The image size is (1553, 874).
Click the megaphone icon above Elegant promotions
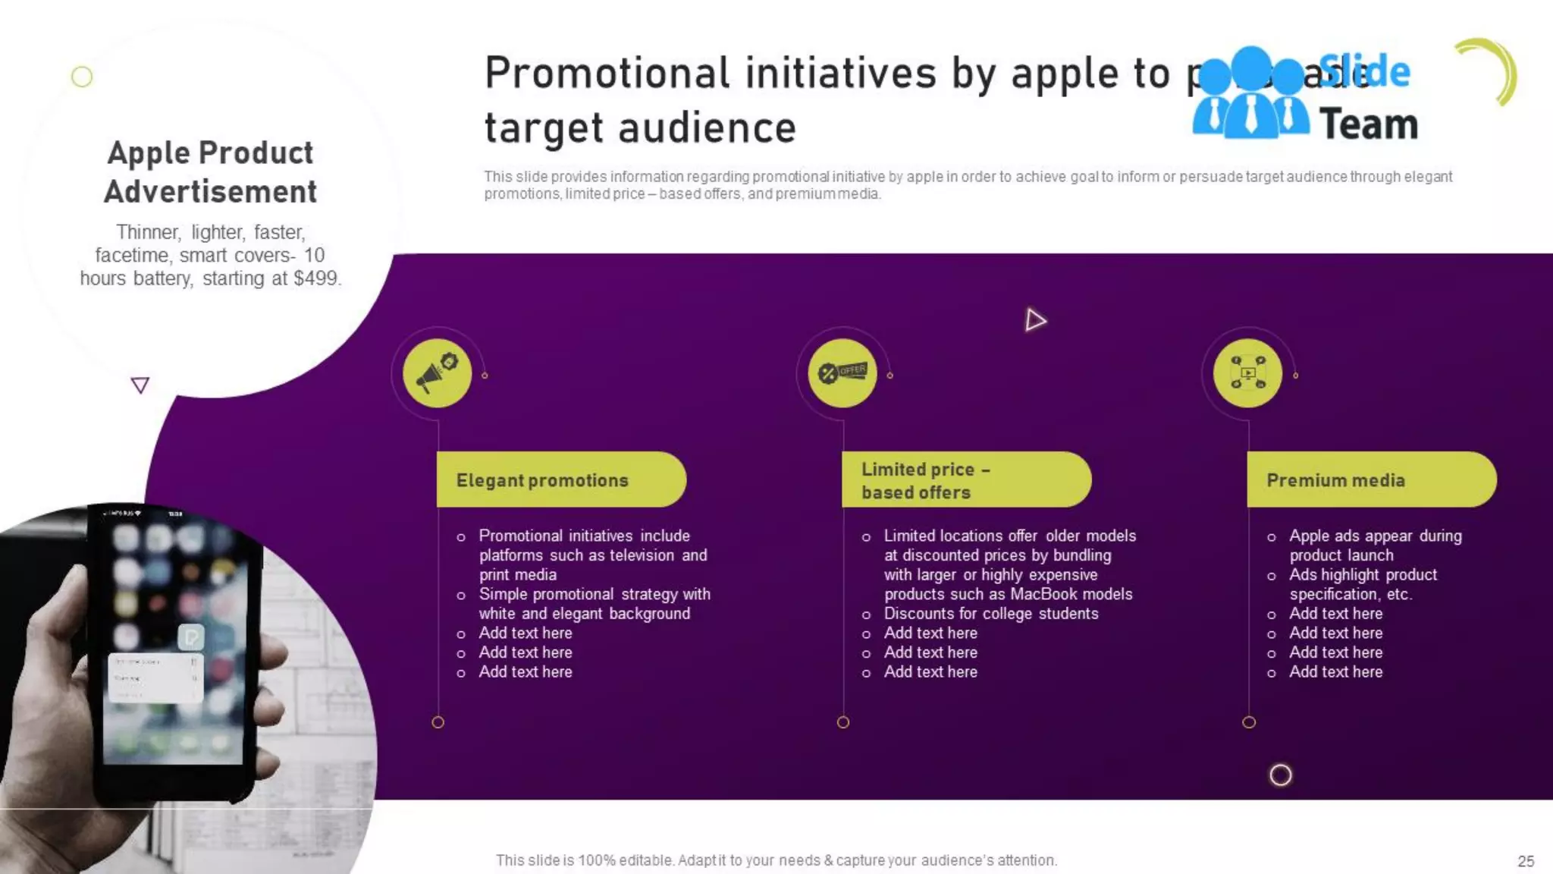437,373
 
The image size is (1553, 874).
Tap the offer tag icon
842,373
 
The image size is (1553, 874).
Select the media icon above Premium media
1247,373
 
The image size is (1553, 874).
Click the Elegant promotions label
543,480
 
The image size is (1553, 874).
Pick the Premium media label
1335,480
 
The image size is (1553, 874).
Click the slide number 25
1526,861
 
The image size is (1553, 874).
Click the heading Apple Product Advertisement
211,172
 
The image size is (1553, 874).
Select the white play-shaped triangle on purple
1035,320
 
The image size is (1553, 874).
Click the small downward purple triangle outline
140,385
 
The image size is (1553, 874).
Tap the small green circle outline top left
82,77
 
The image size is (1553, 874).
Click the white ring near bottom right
1280,775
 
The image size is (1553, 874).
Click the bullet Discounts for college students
990,614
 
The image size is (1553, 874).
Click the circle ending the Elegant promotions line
438,722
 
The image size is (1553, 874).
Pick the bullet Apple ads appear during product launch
1375,545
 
